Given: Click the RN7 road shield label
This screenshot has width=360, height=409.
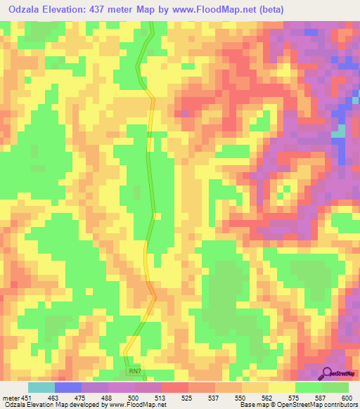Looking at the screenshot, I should (134, 370).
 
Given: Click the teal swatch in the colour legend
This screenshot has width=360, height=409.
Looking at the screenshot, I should (41, 387).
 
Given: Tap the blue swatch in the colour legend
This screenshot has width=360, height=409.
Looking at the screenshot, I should (68, 387).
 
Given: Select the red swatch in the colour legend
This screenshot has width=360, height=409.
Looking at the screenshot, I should (175, 387).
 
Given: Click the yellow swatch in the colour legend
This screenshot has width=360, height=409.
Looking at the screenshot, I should (282, 387).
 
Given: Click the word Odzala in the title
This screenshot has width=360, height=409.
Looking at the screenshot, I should (22, 8).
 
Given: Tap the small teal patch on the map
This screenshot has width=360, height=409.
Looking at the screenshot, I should (340, 131).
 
